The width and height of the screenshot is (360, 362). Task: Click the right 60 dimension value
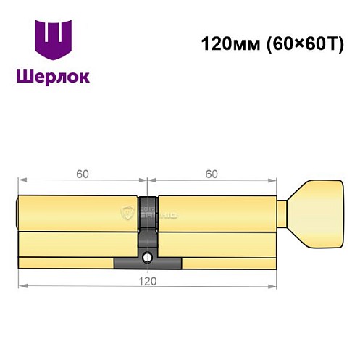tap(212, 174)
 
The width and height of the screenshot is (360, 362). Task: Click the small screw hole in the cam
tap(148, 256)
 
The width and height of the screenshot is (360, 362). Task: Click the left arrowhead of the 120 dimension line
tap(22, 285)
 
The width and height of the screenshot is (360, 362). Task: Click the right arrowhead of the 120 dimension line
tap(274, 285)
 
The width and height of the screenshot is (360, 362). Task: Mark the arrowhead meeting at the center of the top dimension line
tap(148, 180)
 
